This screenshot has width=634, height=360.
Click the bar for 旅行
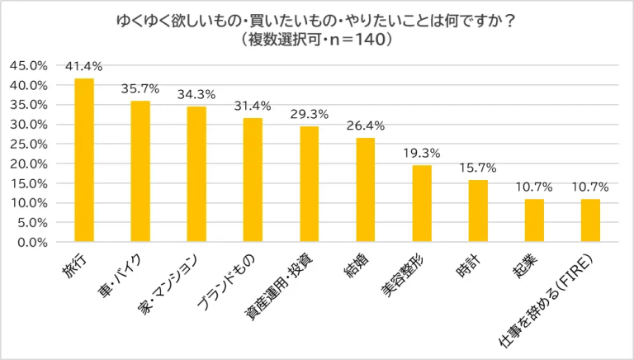point(84,160)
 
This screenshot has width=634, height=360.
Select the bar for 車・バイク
point(140,172)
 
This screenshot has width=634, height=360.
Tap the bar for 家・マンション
point(196,174)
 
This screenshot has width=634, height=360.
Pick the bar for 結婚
point(365,190)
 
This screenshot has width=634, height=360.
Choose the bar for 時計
point(478,211)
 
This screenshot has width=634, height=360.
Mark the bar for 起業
point(534,221)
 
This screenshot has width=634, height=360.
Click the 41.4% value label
point(84,65)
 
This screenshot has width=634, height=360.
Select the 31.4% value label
point(253,105)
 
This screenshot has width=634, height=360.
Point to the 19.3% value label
point(421,153)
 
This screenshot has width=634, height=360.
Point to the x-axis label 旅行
point(76,265)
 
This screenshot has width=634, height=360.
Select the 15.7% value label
point(478,168)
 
